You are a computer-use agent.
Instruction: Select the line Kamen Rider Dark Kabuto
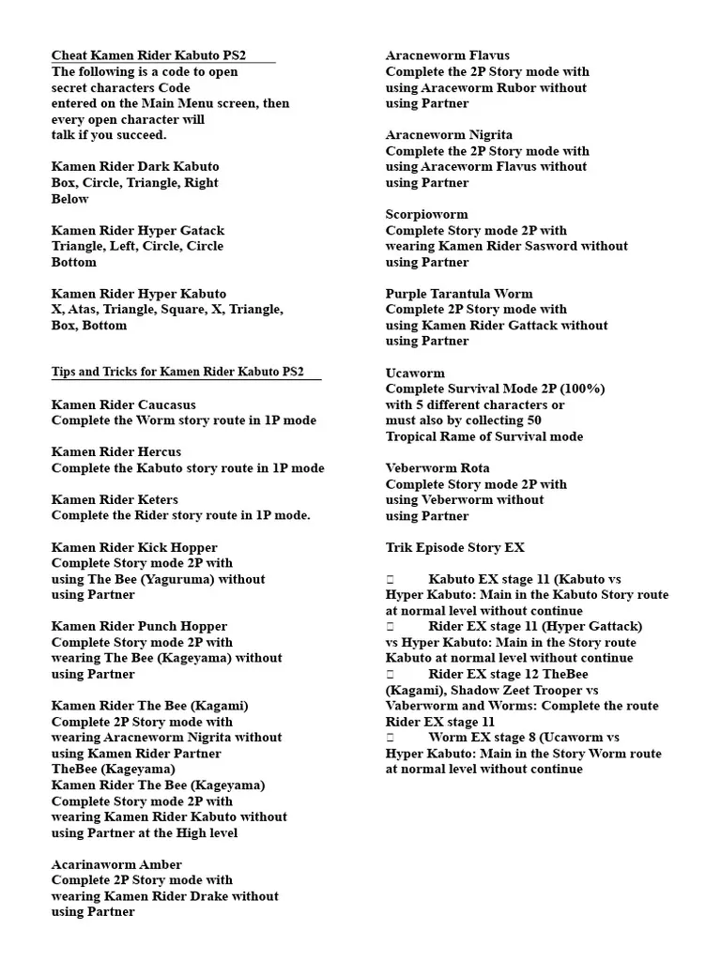tap(135, 166)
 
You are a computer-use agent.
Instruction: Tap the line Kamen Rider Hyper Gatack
tap(138, 230)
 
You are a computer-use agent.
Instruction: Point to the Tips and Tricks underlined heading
tap(177, 372)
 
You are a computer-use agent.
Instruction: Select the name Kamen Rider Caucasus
tap(124, 404)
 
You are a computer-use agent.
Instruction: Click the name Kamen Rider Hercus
tap(116, 452)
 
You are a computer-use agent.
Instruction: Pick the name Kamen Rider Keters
tap(115, 499)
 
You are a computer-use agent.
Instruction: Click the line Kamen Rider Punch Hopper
tap(139, 626)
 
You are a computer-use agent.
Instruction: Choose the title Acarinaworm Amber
tap(116, 864)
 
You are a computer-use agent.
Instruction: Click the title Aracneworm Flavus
tap(448, 55)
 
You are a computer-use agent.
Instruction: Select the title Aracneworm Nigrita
tap(449, 135)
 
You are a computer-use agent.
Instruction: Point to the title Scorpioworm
tap(426, 214)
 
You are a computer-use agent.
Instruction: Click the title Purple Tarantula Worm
tap(459, 294)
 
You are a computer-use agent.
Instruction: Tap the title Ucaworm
tap(415, 373)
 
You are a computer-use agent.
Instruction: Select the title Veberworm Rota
tap(437, 467)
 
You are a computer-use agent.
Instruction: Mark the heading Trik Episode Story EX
tap(455, 547)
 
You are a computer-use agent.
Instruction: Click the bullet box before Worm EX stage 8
tap(390, 738)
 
